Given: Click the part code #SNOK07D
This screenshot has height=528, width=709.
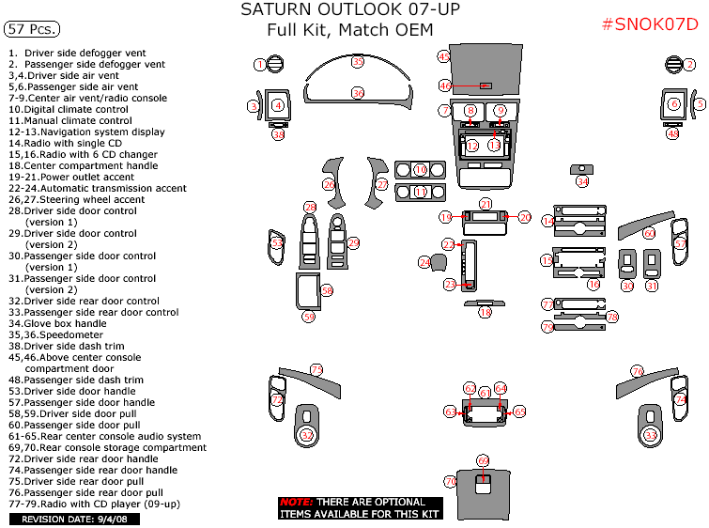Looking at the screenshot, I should tap(649, 24).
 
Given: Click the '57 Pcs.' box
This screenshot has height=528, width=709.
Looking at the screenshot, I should tap(29, 28).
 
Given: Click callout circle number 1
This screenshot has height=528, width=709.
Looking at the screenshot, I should tap(260, 65).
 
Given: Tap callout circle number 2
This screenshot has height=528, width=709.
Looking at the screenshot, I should tap(689, 65).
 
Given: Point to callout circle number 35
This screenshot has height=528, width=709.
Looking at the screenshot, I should tap(357, 61).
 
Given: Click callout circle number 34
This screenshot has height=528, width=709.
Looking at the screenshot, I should tap(583, 181).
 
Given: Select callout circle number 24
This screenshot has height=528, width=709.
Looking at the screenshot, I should tap(424, 262).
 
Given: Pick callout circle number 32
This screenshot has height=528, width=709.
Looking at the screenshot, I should tap(307, 435).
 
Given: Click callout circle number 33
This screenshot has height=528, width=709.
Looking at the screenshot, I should tap(651, 435).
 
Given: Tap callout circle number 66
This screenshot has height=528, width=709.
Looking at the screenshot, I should tap(483, 461).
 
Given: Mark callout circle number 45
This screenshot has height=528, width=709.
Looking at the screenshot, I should tap(444, 57).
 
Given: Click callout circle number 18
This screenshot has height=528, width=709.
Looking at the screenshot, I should tap(486, 312).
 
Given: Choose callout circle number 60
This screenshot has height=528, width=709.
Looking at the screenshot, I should tap(649, 232).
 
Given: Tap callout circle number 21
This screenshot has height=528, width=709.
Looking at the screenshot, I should tap(486, 204).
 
